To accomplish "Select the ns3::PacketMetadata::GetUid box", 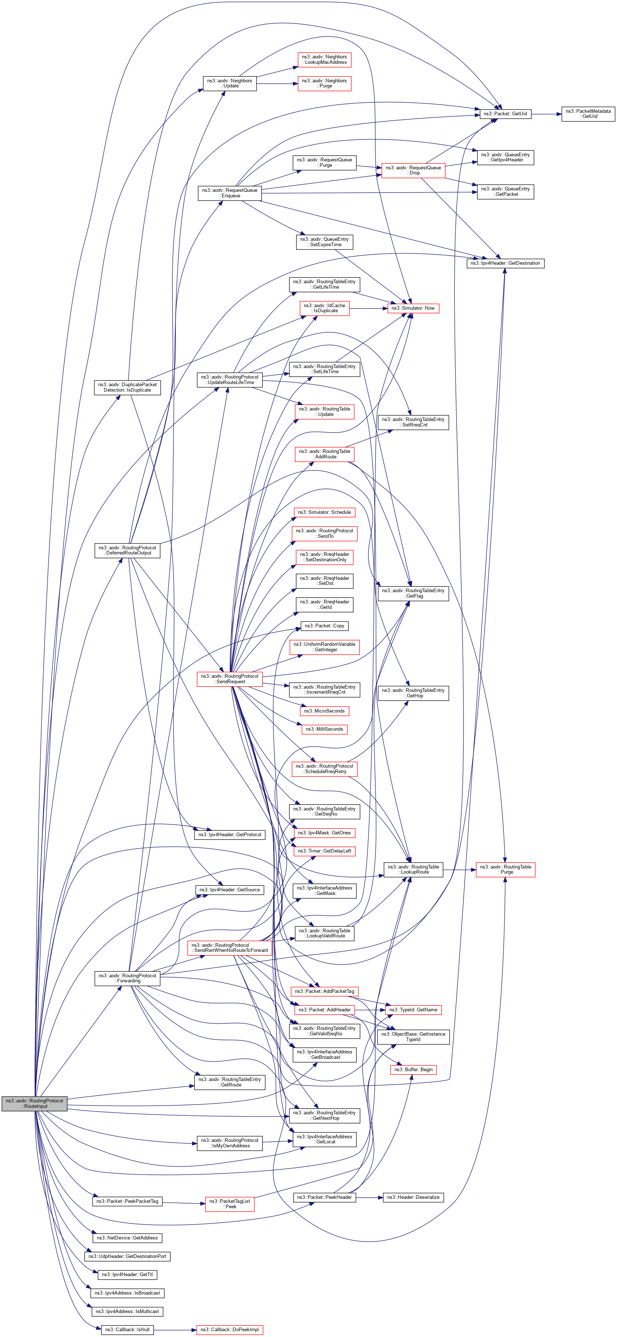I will tap(588, 114).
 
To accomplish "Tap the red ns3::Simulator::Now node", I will tap(413, 308).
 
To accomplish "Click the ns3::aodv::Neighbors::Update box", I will tap(229, 83).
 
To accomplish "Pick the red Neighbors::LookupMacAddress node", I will tap(324, 60).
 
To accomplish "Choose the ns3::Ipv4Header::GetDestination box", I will tap(505, 263).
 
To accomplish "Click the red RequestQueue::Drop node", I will tap(413, 170).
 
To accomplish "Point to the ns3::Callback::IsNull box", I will tap(127, 1329).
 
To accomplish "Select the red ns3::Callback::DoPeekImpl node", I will tap(229, 1329).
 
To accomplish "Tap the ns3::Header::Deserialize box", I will tap(413, 1197).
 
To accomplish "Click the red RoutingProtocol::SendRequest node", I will tap(229, 678).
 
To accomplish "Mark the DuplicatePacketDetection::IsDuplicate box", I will tap(127, 387).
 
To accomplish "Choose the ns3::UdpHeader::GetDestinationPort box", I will tap(127, 1256).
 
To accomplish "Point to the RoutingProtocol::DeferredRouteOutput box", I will tap(127, 550).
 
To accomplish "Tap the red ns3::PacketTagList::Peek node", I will tap(229, 1204).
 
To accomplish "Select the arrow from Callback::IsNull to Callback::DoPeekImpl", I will tap(175, 1329).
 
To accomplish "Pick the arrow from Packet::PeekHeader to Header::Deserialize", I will tap(369, 1197).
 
